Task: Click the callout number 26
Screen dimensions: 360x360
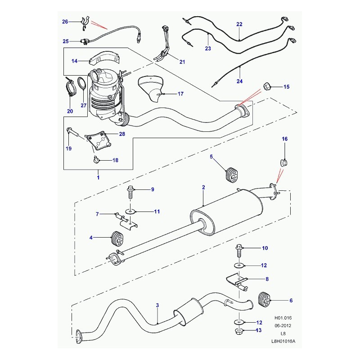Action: click(64, 22)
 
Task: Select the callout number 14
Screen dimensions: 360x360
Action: click(74, 60)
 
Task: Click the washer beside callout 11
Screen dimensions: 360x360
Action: click(130, 211)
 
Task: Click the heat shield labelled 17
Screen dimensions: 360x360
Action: click(152, 88)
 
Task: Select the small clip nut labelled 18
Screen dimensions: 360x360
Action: click(96, 159)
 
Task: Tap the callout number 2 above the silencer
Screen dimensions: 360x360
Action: click(203, 187)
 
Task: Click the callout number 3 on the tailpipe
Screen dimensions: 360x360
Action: click(157, 306)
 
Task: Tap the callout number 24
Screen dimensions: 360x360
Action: click(239, 81)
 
